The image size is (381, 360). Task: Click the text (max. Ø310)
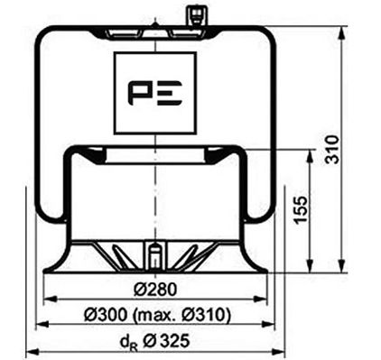[184, 315]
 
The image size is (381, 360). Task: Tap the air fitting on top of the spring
[191, 16]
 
